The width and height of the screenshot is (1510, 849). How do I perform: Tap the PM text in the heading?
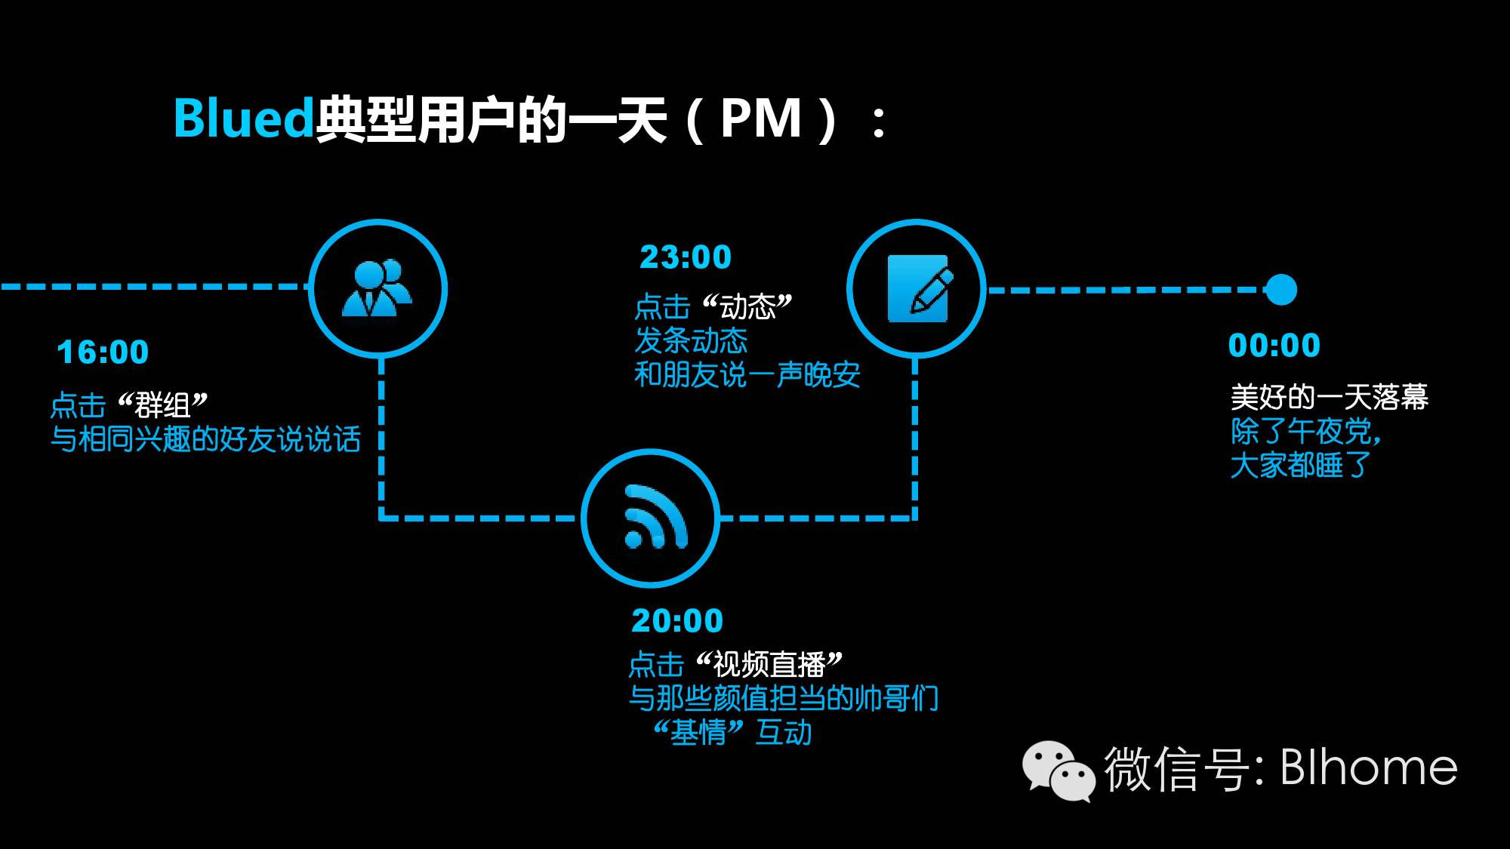tap(760, 118)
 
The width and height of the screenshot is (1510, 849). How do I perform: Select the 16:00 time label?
tap(103, 352)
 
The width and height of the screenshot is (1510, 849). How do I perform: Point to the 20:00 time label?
tap(677, 620)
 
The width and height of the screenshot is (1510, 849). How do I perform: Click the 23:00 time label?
tap(686, 257)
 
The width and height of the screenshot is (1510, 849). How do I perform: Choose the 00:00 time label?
tap(1274, 346)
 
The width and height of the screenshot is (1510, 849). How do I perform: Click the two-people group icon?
tap(377, 288)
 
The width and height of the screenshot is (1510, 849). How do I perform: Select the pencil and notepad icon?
tap(918, 288)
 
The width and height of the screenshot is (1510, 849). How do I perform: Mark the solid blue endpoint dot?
tap(1280, 290)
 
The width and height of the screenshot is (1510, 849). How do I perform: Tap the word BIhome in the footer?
tap(1369, 768)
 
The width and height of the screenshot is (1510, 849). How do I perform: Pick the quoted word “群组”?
tap(162, 405)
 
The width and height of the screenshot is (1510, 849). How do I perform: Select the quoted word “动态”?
tap(747, 306)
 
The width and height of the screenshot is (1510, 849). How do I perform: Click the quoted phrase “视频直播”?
tap(769, 664)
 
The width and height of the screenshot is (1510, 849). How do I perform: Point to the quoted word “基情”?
tap(698, 732)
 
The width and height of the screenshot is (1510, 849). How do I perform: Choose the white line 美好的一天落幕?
tap(1329, 397)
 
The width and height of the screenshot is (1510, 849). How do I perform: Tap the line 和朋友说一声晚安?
tap(747, 374)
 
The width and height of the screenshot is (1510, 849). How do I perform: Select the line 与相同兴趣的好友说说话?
tap(205, 439)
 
